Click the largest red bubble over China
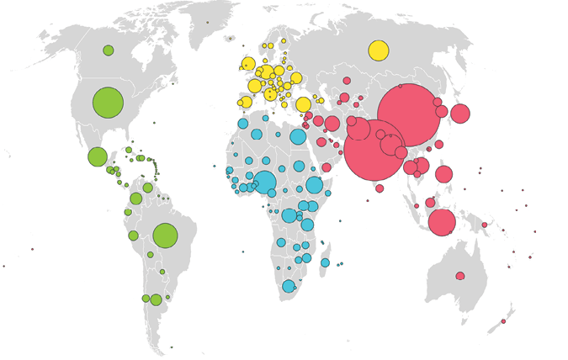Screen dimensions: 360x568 [x=409, y=115]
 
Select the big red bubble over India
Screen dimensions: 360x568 [x=374, y=151]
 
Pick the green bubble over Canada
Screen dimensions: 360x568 [x=109, y=50]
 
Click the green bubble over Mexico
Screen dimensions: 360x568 [x=98, y=156]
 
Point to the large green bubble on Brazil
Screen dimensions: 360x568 [x=165, y=236]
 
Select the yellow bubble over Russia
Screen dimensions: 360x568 [x=379, y=50]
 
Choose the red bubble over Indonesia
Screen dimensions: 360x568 [x=442, y=222]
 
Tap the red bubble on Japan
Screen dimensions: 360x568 [x=460, y=114]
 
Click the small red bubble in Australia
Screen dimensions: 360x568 [x=460, y=276]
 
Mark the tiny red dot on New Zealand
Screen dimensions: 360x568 [x=503, y=321]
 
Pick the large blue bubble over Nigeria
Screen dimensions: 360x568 [x=264, y=183]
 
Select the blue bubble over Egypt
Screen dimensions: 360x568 [x=298, y=136]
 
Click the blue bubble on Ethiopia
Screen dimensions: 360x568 [x=314, y=185]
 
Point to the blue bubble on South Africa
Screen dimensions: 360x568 [x=289, y=286]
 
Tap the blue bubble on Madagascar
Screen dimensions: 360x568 [x=325, y=262]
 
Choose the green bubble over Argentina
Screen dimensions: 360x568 [x=156, y=299]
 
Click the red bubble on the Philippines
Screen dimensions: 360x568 [x=443, y=174]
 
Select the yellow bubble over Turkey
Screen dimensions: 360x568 [x=303, y=104]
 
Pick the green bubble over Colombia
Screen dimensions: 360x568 [x=136, y=199]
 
